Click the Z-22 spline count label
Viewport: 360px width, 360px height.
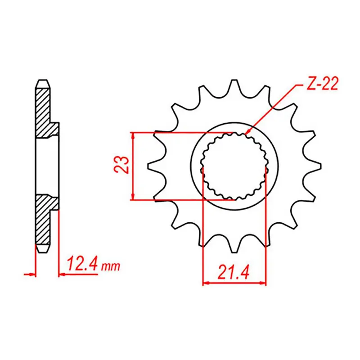tap(320, 85)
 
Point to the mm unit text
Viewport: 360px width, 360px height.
tap(110, 266)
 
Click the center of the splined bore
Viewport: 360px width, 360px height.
tap(234, 166)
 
